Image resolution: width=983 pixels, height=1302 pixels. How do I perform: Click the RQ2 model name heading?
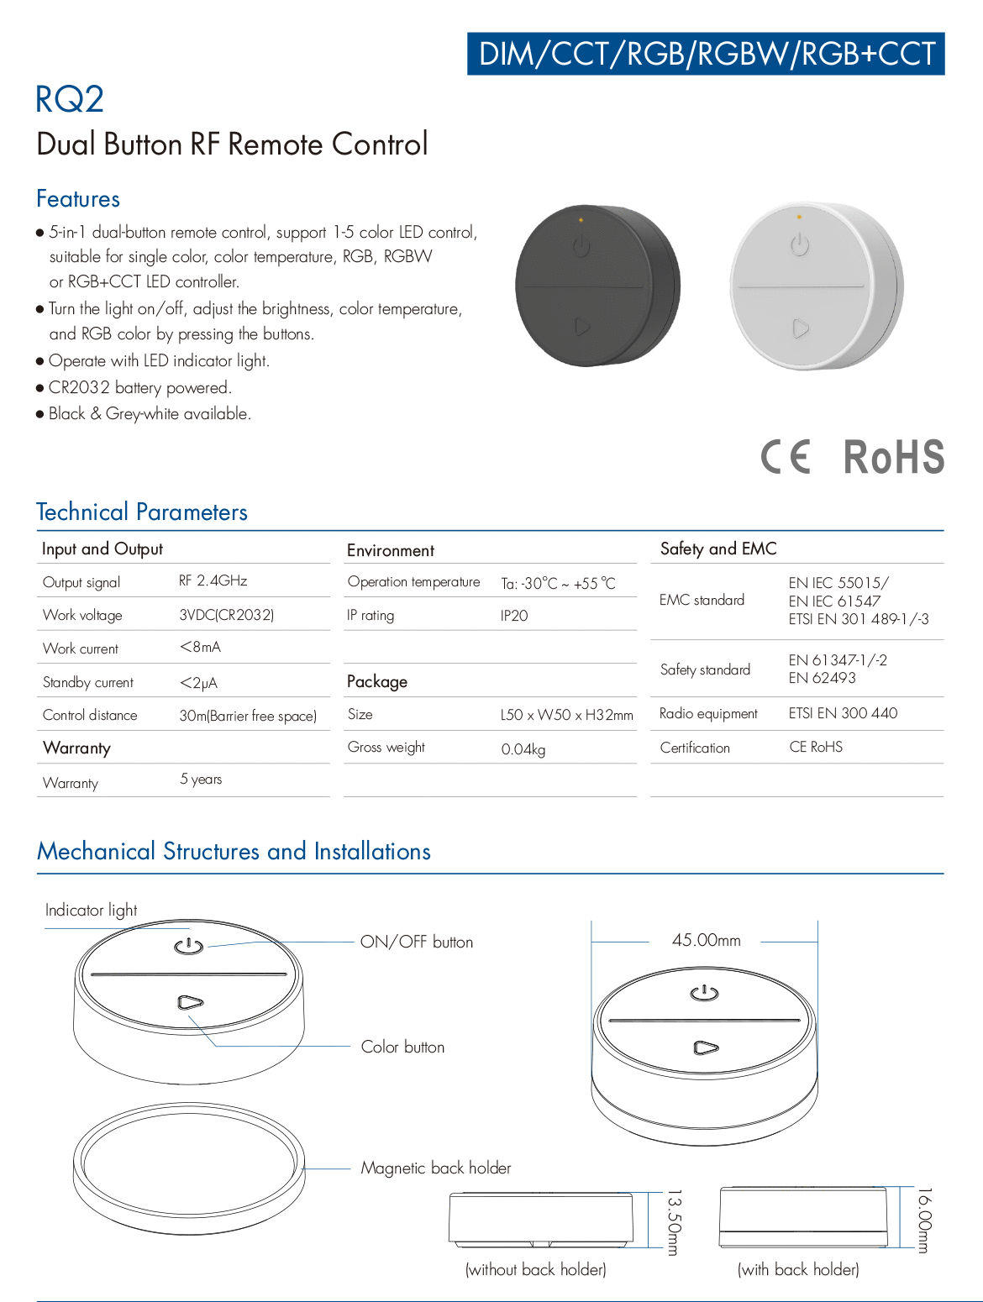click(x=70, y=99)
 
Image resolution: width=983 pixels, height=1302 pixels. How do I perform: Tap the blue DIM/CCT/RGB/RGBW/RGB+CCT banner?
click(x=706, y=54)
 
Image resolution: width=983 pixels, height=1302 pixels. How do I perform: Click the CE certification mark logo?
click(x=786, y=457)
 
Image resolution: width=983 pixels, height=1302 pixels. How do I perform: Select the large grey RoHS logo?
click(x=894, y=457)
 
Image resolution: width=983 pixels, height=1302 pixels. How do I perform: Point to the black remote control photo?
click(x=597, y=286)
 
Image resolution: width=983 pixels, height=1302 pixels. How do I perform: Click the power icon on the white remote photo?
click(x=800, y=245)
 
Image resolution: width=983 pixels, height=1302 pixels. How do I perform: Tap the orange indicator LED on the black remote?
click(x=581, y=220)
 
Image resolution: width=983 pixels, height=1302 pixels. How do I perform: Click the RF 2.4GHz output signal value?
click(x=213, y=580)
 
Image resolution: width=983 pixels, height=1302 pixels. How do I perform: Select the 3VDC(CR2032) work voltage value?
click(x=227, y=614)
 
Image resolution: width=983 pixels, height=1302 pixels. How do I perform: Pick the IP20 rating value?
click(x=514, y=616)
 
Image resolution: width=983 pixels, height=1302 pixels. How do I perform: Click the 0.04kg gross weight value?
click(x=523, y=748)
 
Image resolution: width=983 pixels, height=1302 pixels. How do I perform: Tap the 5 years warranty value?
click(x=201, y=780)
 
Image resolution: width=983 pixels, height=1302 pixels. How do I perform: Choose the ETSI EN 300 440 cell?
click(x=843, y=713)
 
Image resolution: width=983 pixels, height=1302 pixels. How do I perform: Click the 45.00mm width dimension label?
click(x=707, y=941)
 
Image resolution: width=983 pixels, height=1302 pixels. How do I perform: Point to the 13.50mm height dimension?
click(x=673, y=1221)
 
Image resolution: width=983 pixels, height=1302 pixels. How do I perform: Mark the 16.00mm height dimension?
click(x=923, y=1221)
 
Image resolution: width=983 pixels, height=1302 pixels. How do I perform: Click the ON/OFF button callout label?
click(x=417, y=942)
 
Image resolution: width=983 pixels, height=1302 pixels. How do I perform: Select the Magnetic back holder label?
click(x=436, y=1168)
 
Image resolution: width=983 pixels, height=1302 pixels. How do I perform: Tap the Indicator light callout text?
click(x=91, y=910)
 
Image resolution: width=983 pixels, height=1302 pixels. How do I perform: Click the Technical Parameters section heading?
click(x=142, y=512)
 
